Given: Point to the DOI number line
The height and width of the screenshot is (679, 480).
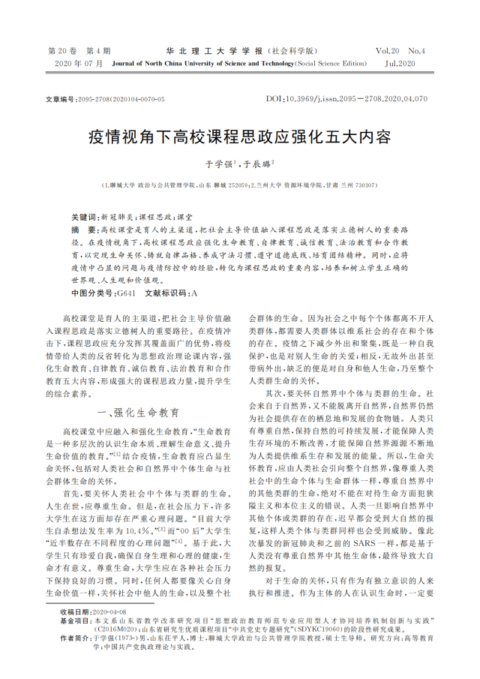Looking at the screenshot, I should click(x=346, y=99).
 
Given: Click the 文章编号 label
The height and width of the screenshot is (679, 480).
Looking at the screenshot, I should click(x=59, y=99).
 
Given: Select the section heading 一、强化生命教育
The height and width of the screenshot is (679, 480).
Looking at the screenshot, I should click(x=138, y=413).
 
